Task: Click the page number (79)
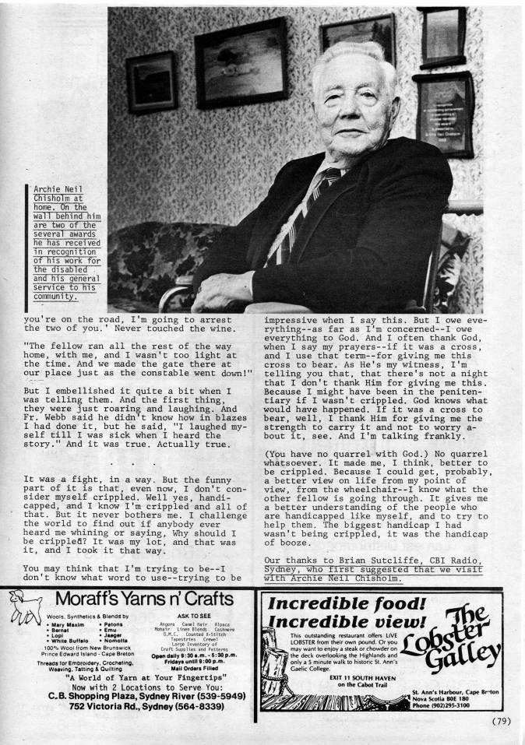tap(501, 720)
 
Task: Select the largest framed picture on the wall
tap(241, 63)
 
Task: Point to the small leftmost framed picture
tap(151, 82)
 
